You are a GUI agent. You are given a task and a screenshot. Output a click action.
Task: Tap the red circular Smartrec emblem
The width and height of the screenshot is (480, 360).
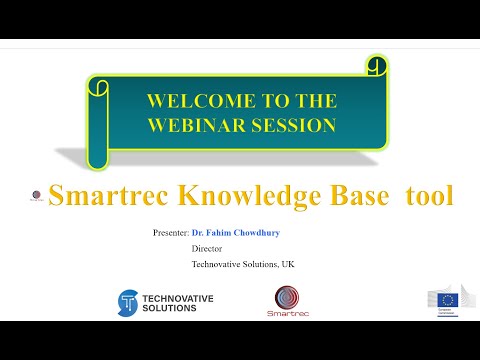pyautogui.click(x=288, y=297)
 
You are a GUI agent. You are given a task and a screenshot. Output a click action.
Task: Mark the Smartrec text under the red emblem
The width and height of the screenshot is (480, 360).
pyautogui.click(x=289, y=314)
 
